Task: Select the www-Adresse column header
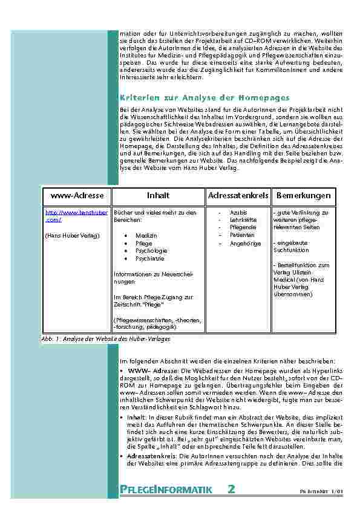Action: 77,196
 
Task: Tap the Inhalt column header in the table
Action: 158,196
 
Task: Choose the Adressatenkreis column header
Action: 238,196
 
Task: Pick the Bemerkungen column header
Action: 303,196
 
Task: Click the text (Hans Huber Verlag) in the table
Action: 73,234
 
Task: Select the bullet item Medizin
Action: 146,235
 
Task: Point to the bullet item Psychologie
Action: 151,250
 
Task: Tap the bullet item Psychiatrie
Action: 150,258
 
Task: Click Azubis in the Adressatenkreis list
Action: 238,212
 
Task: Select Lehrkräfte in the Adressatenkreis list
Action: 243,219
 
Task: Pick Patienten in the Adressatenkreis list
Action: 242,235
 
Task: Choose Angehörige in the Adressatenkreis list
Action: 245,244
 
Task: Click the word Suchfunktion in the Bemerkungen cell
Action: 291,250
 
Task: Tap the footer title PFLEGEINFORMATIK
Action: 166,490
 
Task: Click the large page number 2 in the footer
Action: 231,489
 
